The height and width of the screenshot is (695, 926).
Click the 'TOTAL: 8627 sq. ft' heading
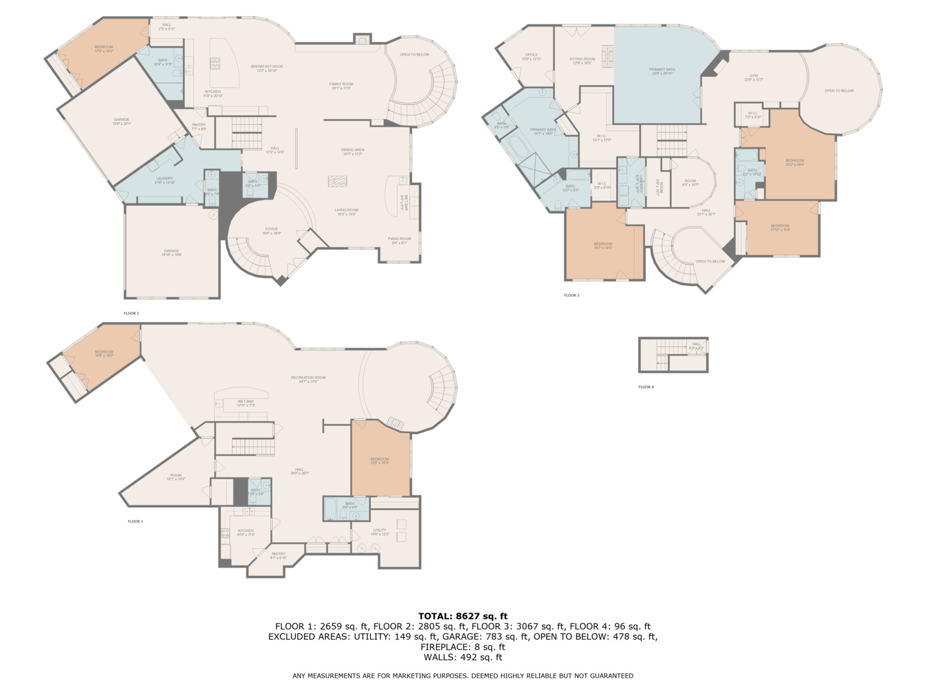tap(462, 616)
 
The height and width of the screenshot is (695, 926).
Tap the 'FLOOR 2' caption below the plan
tap(131, 313)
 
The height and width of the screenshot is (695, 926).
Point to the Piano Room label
tap(399, 241)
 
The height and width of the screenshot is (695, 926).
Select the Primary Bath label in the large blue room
tap(662, 71)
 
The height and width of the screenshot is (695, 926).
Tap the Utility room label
tap(379, 532)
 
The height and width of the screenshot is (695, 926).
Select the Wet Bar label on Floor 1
tap(246, 403)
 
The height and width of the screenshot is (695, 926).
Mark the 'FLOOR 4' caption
tap(646, 387)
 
